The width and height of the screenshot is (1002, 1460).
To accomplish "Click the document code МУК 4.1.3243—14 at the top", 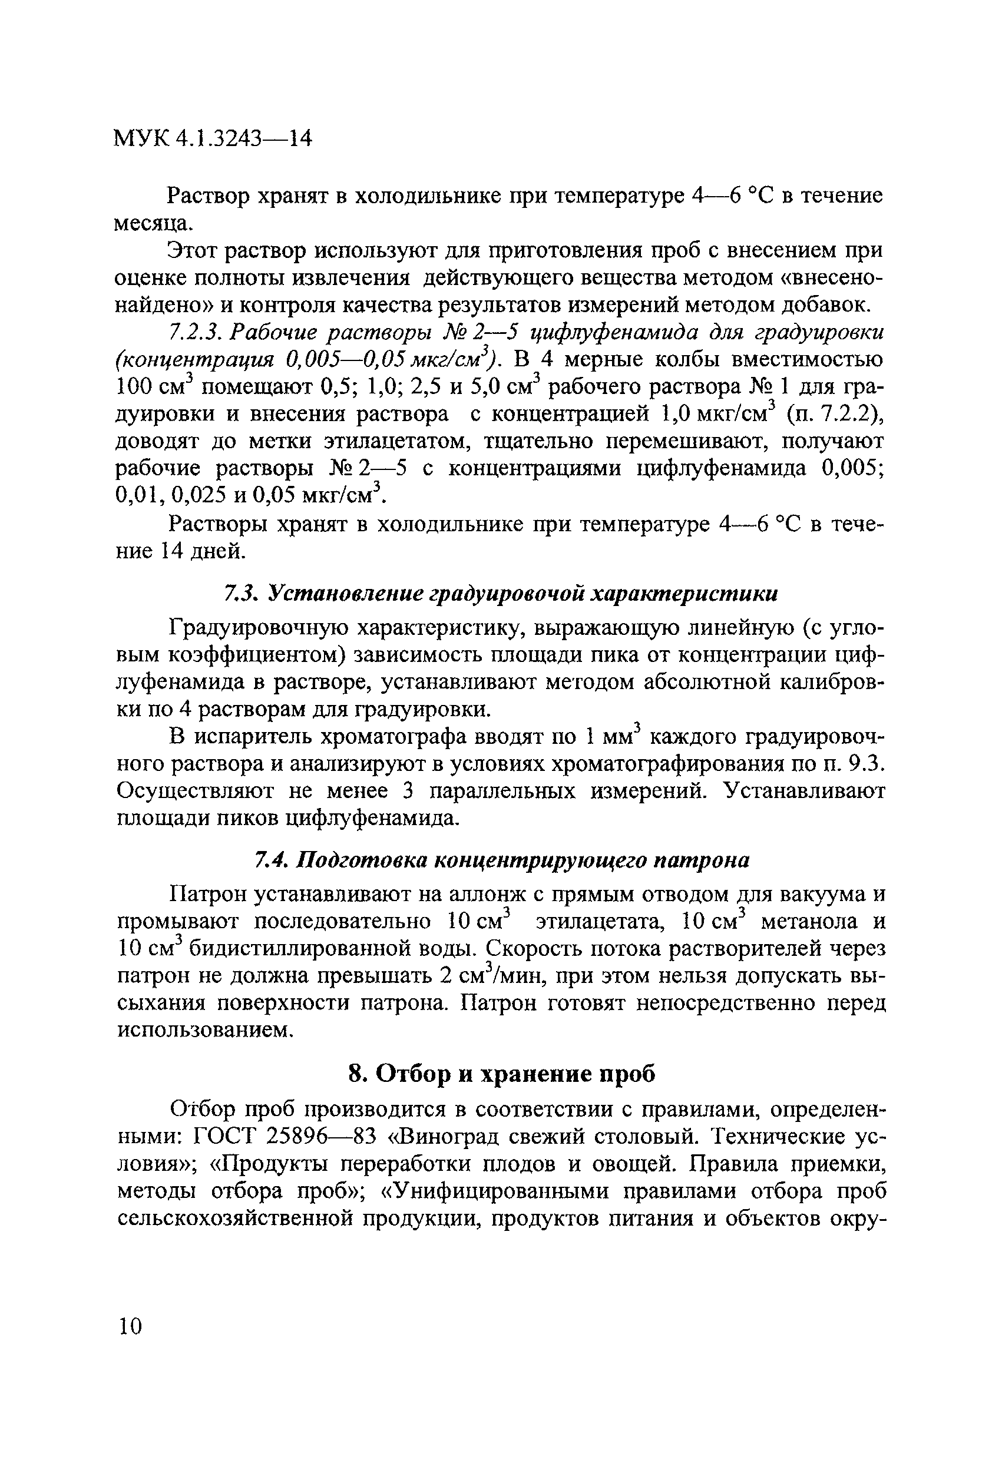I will [212, 138].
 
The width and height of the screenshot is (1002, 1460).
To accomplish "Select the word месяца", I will [153, 224].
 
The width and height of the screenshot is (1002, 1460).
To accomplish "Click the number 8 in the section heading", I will [356, 1074].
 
